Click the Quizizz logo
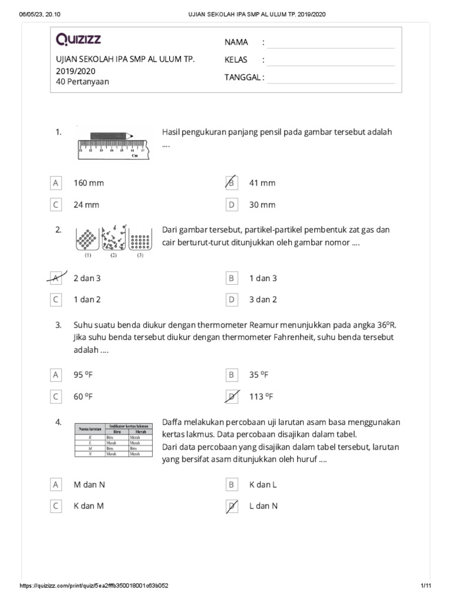pos(78,40)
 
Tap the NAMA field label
pos(236,42)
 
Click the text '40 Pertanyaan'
pos(82,82)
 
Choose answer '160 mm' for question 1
pos(88,183)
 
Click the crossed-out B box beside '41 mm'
pos(231,183)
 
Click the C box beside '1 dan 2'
pos(56,299)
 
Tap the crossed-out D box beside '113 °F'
pos(231,397)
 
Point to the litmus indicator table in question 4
pos(113,440)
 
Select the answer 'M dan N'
pos(89,484)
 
